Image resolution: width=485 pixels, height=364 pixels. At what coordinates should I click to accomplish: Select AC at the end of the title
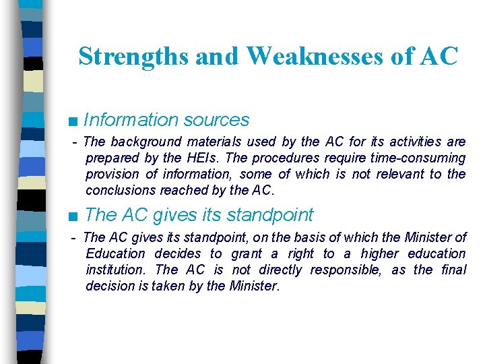[438, 57]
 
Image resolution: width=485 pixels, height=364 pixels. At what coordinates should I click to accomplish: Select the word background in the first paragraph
[146, 142]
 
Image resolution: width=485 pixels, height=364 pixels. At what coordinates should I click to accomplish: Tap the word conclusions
[119, 190]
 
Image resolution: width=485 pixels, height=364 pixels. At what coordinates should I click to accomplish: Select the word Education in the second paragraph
[115, 253]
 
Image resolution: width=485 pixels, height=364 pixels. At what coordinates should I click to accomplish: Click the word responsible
[350, 270]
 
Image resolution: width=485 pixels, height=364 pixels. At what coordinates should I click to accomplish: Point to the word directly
[278, 270]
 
